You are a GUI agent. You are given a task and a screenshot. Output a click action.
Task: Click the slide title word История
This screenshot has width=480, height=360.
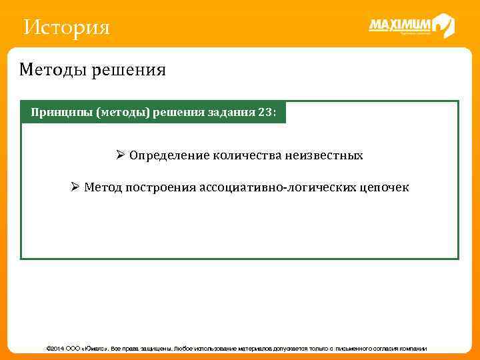(x=66, y=28)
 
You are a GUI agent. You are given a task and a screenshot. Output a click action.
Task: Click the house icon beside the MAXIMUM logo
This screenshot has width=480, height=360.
(x=443, y=26)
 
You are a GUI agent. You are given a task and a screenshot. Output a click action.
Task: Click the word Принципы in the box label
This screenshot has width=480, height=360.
(x=61, y=113)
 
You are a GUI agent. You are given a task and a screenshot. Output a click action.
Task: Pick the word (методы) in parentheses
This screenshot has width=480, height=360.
(x=123, y=113)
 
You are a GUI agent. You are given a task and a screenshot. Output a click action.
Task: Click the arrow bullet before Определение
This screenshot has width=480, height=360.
(x=121, y=155)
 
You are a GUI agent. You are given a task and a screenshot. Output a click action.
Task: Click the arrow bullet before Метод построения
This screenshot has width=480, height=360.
(x=75, y=187)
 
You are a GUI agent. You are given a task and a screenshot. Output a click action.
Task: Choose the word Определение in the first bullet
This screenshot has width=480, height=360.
(x=169, y=155)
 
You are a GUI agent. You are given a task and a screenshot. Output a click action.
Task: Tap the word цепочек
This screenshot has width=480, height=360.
(x=385, y=187)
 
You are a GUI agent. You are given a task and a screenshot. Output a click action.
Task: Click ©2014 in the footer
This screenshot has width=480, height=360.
(x=53, y=349)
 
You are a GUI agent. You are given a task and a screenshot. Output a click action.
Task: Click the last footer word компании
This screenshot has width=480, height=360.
(x=412, y=349)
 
